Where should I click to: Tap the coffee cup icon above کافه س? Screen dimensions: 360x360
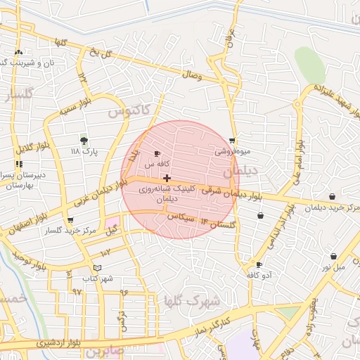pyautogui.click(x=157, y=153)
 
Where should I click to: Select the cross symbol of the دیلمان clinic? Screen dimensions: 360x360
pyautogui.click(x=166, y=179)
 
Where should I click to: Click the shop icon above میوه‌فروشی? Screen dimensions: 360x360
pyautogui.click(x=233, y=141)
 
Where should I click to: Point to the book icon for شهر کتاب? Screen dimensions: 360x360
pyautogui.click(x=98, y=268)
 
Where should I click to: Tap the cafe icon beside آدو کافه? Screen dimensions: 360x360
pyautogui.click(x=260, y=265)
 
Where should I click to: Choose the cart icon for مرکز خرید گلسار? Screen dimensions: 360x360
pyautogui.click(x=70, y=221)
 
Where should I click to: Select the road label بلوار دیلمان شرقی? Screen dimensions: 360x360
pyautogui.click(x=231, y=191)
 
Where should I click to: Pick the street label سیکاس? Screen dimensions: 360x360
pyautogui.click(x=181, y=217)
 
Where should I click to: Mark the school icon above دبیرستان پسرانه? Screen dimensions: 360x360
pyautogui.click(x=18, y=163)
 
